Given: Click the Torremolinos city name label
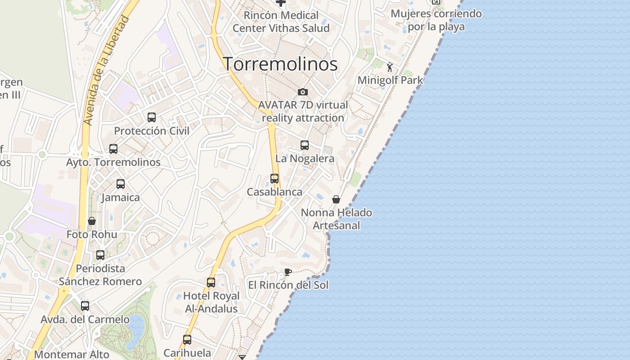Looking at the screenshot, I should point(280,64).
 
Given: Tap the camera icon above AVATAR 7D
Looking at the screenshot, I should point(303,92).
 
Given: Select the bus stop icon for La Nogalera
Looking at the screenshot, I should point(305,145).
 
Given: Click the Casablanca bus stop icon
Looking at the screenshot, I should point(274,179).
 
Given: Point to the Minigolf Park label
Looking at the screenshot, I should point(390,81).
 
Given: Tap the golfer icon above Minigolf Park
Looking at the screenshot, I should point(390,67).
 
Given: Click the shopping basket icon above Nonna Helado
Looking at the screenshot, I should point(336,199).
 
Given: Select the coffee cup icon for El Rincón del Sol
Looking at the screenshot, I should point(288,272).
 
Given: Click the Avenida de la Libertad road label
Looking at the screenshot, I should point(106,71).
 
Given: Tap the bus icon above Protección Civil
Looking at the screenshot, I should point(152,117).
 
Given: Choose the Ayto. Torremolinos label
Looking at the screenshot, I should point(113,162).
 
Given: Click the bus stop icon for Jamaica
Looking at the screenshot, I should point(121,184).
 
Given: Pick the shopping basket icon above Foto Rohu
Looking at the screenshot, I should point(92,221).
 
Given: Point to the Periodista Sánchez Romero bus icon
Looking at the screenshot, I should point(100,255).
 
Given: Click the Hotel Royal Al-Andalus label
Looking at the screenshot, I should point(211,302).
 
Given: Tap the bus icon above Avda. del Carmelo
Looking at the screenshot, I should point(85,306).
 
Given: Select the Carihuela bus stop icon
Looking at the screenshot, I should point(187,340).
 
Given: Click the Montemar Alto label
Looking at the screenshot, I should point(72,355).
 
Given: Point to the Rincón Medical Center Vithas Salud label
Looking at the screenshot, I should point(281,22).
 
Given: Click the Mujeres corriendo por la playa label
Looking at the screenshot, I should point(436,20).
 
